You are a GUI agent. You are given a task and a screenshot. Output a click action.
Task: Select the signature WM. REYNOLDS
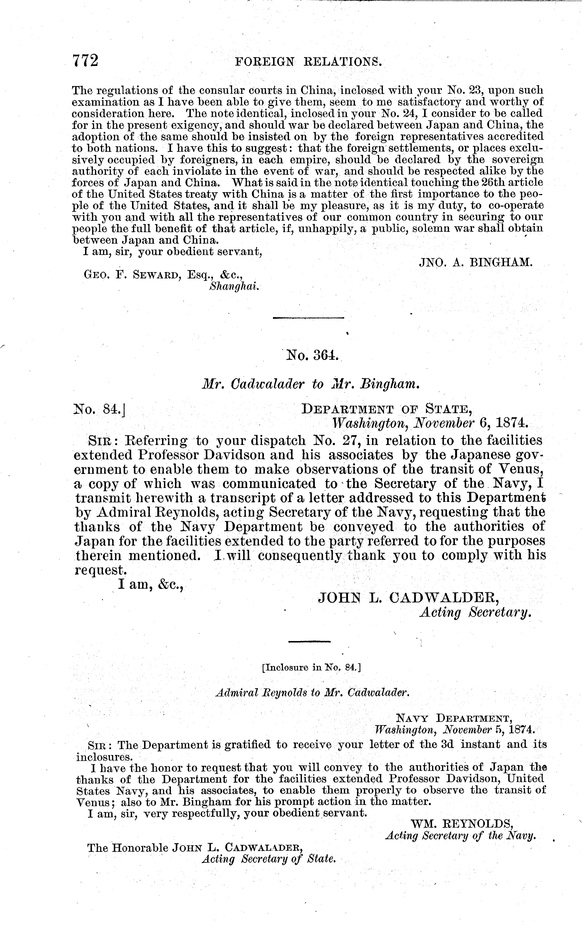pos(462,824)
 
